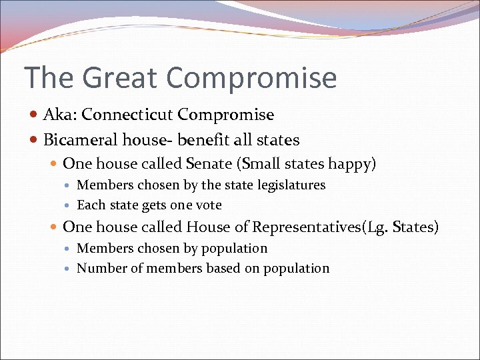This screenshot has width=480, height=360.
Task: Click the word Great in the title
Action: [x=119, y=77]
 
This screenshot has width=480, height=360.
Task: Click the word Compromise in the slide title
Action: [x=251, y=79]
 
